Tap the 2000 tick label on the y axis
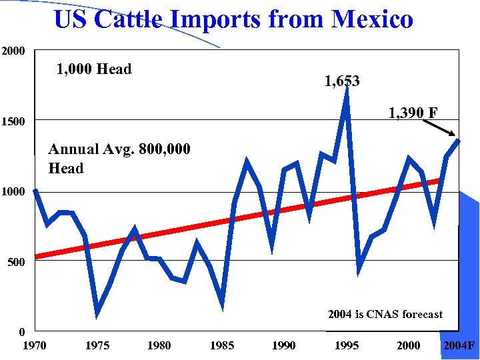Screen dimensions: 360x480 coord(13,51)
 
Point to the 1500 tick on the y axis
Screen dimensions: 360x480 coord(13,122)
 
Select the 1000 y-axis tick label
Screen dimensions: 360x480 coord(13,192)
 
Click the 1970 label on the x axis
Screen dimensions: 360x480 coord(35,345)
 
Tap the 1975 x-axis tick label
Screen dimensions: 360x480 coord(97,345)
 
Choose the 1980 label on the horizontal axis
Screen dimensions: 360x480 coord(159,345)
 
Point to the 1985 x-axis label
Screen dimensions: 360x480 coord(221,345)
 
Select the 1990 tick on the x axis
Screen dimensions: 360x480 coord(283,345)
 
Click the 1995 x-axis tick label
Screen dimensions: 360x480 coord(346,345)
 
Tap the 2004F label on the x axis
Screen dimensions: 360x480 coord(459,345)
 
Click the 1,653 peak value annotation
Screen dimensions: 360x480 coord(342,81)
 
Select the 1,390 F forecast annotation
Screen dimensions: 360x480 coord(413,113)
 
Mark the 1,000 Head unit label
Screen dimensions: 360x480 coord(94,69)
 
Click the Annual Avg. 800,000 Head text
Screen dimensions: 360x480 coord(119,159)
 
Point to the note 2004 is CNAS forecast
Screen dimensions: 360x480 coord(385,315)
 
